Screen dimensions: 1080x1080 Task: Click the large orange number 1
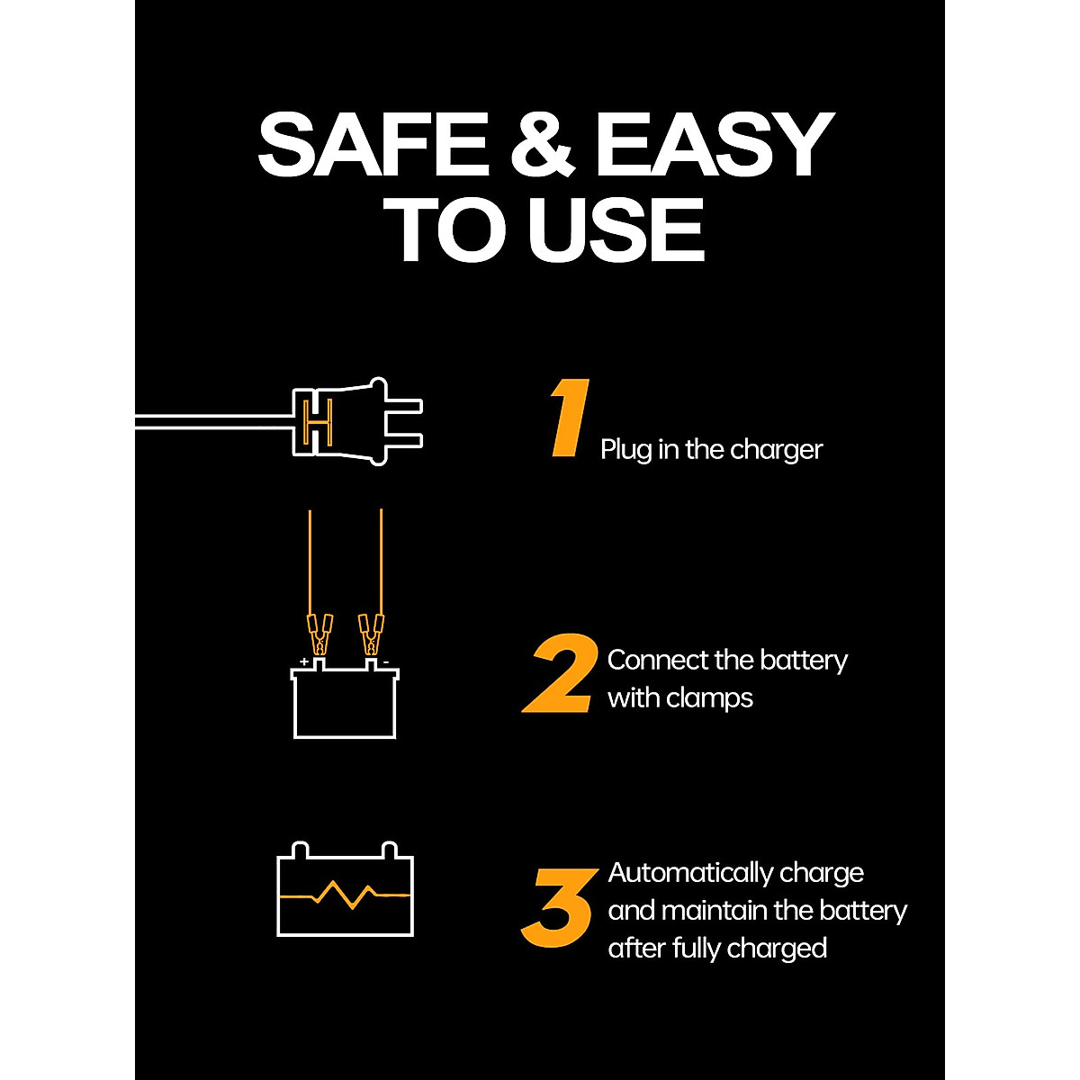[x=571, y=418]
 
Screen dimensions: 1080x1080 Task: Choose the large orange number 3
[x=558, y=909]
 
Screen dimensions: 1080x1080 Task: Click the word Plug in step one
[x=626, y=450]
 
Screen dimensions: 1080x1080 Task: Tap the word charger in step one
[x=777, y=449]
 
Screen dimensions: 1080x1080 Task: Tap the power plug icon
[x=355, y=422]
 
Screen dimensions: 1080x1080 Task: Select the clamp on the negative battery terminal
[x=371, y=634]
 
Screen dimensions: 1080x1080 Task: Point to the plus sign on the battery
[x=304, y=661]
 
